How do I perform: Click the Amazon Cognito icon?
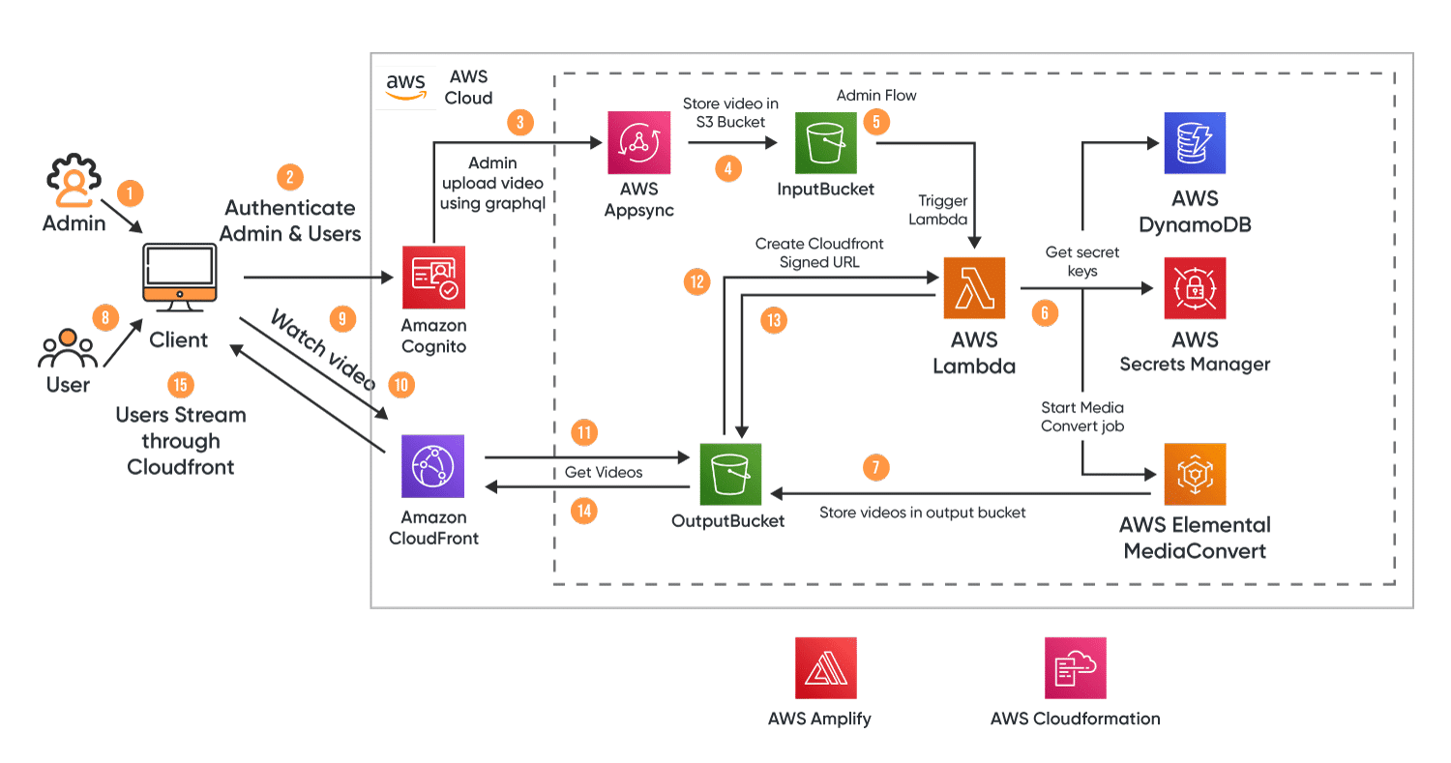[433, 277]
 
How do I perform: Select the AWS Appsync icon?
[638, 143]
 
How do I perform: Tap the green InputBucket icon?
[826, 143]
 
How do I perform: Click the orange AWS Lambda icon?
[974, 287]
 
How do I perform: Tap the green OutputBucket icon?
[730, 475]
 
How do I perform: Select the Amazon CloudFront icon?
[433, 465]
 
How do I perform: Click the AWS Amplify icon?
[825, 667]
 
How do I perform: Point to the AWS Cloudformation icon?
[1075, 667]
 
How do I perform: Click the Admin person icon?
[74, 183]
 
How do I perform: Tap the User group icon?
[67, 350]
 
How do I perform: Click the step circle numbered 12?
[696, 282]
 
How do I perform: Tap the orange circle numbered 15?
[180, 384]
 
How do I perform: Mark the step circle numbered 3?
[519, 123]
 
